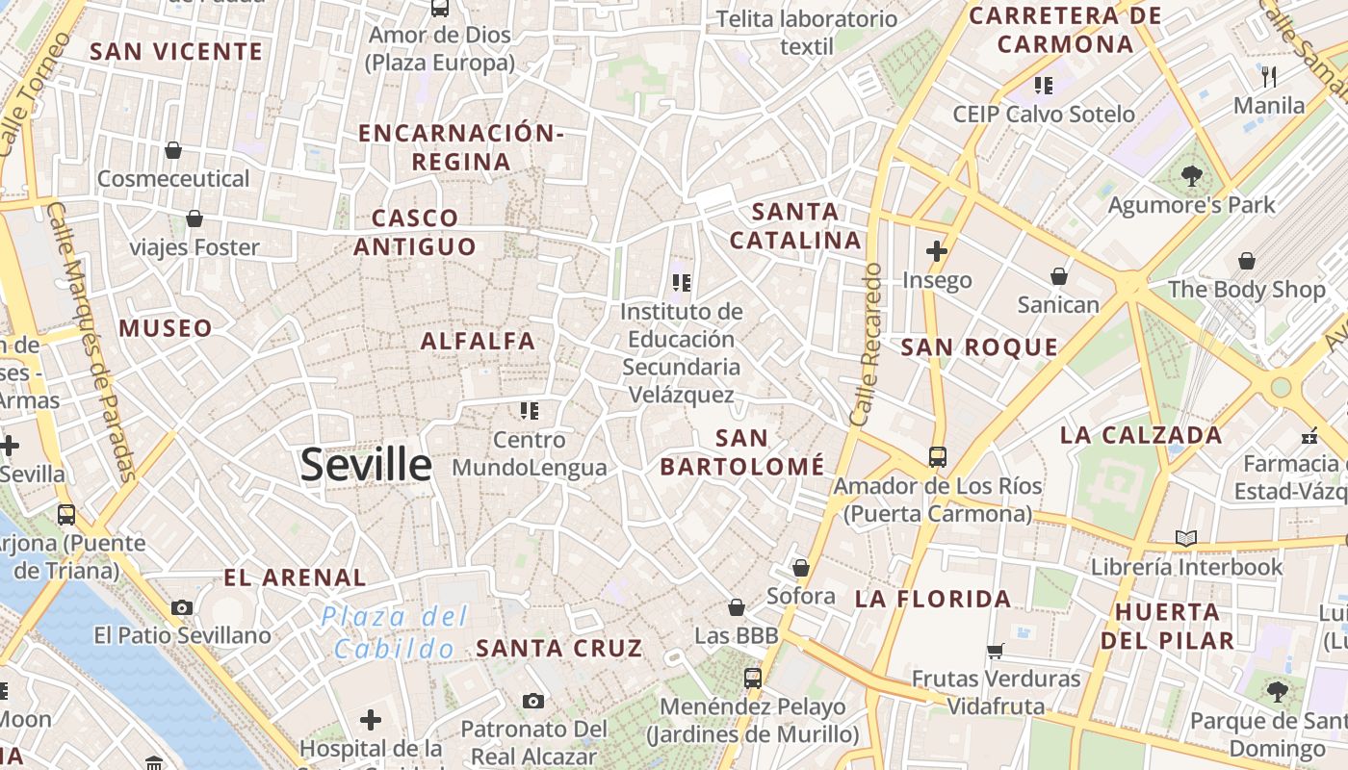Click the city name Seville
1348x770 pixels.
[x=366, y=465]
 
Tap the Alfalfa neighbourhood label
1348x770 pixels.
[x=478, y=341]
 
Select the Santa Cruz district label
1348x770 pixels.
[x=558, y=648]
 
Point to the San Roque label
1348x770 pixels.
[x=979, y=347]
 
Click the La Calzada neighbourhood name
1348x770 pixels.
[x=1141, y=435]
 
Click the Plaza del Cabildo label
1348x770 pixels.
[x=395, y=631]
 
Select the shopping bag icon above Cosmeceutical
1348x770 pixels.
[x=173, y=150]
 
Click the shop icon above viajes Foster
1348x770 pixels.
[x=194, y=219]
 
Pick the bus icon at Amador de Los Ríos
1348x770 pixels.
[x=938, y=457]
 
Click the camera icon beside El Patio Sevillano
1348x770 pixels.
[x=182, y=607]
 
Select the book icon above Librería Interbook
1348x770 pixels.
[x=1186, y=538]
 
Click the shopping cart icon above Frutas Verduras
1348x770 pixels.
[x=996, y=651]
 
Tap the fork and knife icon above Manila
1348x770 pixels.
[x=1269, y=77]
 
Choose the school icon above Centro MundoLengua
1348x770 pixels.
[x=529, y=411]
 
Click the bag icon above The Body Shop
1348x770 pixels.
[x=1247, y=261]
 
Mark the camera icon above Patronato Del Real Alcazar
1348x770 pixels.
[x=533, y=701]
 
